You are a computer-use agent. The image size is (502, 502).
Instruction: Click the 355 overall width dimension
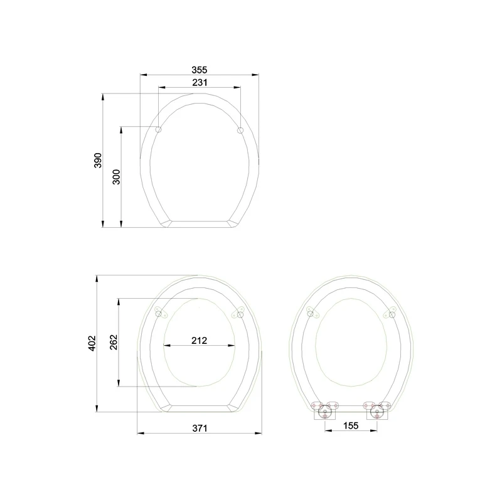pos(199,69)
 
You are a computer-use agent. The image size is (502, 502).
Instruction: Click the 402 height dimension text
pos(92,343)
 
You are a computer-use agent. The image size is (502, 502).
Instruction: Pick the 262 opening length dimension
pos(114,342)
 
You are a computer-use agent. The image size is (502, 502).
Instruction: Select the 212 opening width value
pos(199,341)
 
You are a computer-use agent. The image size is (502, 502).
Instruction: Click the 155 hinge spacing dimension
pos(351,425)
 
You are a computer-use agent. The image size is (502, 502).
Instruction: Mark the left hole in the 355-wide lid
pos(158,130)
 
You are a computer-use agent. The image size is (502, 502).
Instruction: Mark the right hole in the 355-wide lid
pos(240,130)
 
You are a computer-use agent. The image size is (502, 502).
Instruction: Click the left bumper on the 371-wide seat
pos(159,313)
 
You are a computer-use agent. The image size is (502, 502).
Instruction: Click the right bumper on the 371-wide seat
pos(240,313)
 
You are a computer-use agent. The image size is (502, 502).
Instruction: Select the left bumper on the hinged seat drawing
pos(310,312)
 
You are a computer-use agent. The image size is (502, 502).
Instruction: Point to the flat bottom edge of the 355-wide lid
pos(200,223)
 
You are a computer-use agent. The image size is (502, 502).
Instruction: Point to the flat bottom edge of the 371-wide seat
pos(200,408)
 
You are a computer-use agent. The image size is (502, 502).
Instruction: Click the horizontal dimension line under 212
pos(199,347)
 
